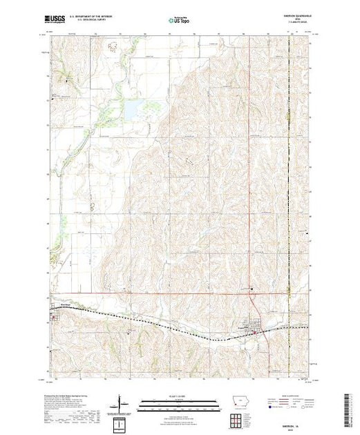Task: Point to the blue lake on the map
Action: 133,108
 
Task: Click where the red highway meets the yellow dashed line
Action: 288,292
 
